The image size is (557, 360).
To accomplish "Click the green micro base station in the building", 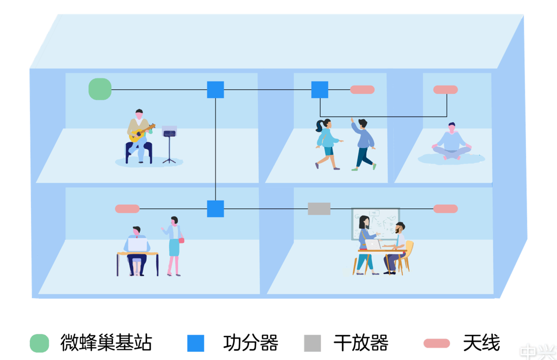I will coord(100,89).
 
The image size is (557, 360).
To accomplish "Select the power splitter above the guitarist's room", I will coord(216,90).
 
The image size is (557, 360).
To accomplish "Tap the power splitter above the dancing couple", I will coord(320,90).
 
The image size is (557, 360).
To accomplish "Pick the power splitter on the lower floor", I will coord(216,209).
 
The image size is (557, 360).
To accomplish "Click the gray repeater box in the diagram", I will coord(319,209).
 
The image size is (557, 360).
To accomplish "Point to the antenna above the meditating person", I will coord(446,90).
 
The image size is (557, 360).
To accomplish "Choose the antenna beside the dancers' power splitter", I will coord(363,90).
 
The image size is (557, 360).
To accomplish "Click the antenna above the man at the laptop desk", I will coord(127,209).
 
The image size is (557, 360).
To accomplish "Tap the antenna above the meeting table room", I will coord(446,209).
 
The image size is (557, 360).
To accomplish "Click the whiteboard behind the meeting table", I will coord(375,223).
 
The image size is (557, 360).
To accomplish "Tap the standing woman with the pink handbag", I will coord(174,245).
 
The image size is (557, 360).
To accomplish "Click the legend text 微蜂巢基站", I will coord(106,343).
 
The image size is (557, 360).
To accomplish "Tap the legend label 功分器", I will coord(251,343).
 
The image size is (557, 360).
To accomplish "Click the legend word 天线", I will coord(482,343).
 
